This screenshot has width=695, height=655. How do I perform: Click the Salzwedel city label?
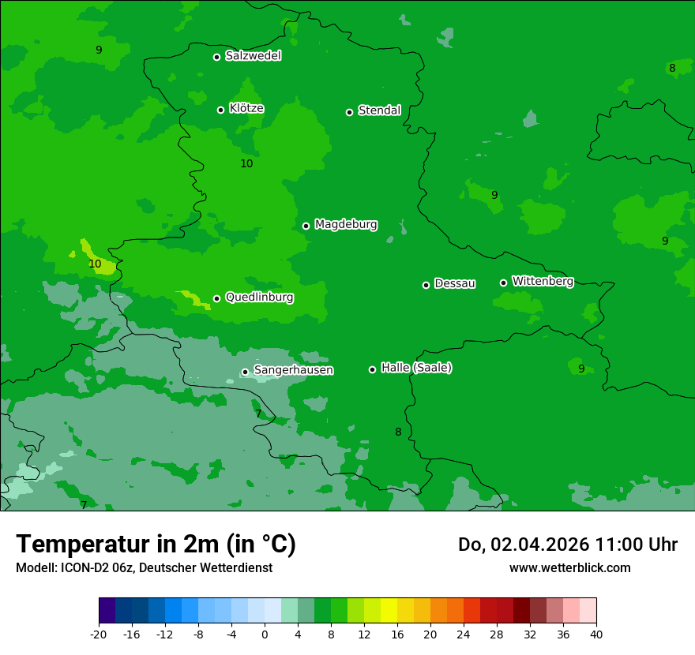pos(253,56)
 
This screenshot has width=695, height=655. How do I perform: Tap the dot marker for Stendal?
pos(349,112)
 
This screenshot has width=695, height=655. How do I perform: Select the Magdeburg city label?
pos(346,225)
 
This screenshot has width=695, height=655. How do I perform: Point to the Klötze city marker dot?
pos(220,110)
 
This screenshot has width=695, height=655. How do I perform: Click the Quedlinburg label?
pos(259,298)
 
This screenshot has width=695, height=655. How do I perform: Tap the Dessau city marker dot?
pos(426,285)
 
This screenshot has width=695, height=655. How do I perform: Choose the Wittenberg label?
pos(543,281)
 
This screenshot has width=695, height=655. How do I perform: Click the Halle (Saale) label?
pos(416,368)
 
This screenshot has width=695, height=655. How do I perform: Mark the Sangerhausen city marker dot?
pos(245,372)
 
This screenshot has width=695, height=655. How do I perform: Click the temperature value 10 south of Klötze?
pos(246,163)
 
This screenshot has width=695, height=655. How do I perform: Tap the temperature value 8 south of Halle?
pos(398,432)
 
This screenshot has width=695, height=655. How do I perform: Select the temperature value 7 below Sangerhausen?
pos(258,414)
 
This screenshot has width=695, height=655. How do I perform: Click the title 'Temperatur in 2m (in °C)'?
pos(156,545)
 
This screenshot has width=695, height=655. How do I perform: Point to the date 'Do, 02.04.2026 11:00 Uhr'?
pos(568,545)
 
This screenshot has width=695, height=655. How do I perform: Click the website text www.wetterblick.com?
pos(569,568)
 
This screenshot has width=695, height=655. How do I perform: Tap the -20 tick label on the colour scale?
pos(99,634)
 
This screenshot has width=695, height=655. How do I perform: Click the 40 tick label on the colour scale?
pos(596,634)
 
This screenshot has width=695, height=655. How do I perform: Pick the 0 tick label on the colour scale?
pos(265,634)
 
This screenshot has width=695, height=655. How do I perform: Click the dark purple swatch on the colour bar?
pos(107,611)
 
